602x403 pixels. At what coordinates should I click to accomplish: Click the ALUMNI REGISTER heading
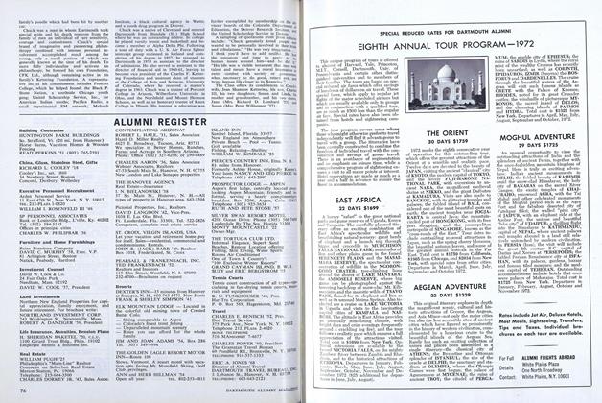point(181,96)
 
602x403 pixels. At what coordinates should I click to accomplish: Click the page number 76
point(21,391)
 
